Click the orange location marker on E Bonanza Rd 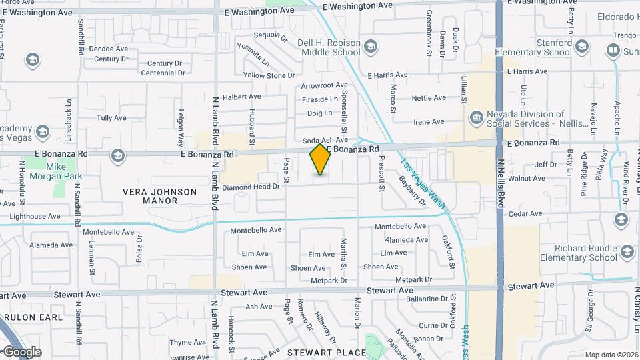[321, 159]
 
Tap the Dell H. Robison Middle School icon [371, 47]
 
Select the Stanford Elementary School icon [582, 45]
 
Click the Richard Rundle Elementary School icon [627, 252]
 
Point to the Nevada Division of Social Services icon [476, 118]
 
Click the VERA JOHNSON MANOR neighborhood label [160, 196]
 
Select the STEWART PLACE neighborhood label [327, 352]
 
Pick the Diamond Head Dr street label [251, 187]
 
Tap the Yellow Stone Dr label [264, 75]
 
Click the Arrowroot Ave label [324, 85]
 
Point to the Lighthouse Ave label [35, 216]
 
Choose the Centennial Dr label [162, 73]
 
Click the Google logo [21, 352]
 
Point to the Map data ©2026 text [611, 355]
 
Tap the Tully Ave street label [111, 118]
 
